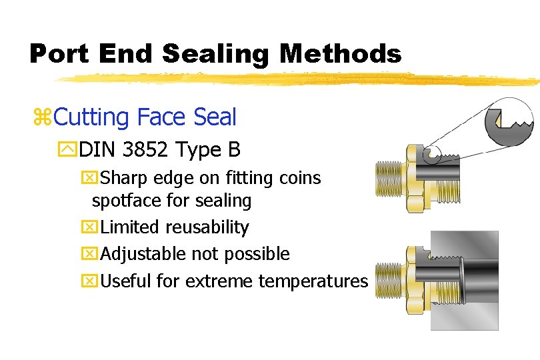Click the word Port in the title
pos(60,53)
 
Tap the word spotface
pos(124,201)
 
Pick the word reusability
pos(208,227)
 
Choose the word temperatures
pos(313,281)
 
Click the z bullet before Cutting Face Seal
pos(41,118)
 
